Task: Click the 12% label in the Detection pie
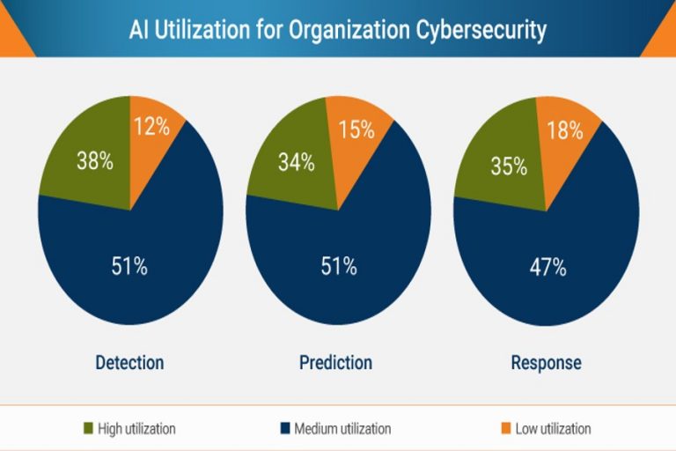(151, 127)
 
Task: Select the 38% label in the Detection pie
(94, 161)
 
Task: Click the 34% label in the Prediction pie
(297, 162)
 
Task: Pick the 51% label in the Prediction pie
(338, 266)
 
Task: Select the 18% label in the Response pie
(564, 130)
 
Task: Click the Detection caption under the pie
(129, 362)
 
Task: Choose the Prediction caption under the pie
(335, 362)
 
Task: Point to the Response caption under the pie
(546, 362)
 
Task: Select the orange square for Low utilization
(505, 429)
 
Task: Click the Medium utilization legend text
(342, 429)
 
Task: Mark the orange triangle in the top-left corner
(13, 40)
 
